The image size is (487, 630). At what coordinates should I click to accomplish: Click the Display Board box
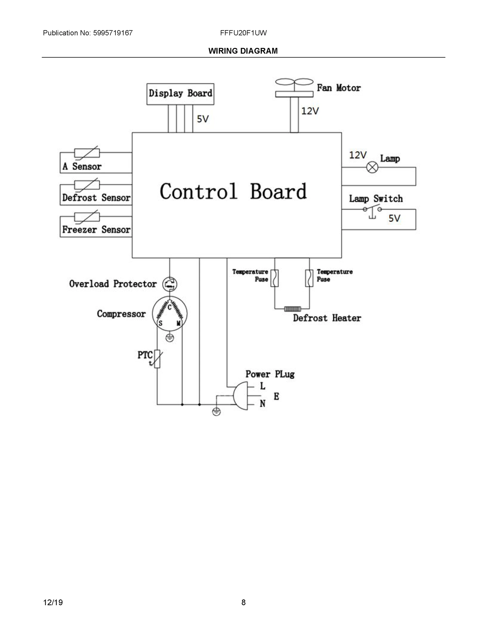180,94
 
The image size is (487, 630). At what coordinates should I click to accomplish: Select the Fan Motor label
339,88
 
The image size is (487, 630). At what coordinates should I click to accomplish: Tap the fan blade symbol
294,82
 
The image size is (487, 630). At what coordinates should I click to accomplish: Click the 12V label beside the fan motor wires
310,111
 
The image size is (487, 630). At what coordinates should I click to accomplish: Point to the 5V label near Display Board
202,119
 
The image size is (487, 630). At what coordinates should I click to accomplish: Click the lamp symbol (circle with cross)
372,167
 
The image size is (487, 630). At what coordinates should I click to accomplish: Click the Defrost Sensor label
96,198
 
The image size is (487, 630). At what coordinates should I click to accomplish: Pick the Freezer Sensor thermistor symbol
87,217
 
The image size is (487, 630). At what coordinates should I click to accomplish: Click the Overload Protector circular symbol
170,284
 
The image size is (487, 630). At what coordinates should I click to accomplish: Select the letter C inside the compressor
170,307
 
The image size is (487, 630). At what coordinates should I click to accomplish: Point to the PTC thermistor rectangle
157,359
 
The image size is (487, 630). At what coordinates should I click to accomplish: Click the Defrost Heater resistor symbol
292,309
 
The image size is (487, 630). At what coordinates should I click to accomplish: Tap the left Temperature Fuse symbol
274,278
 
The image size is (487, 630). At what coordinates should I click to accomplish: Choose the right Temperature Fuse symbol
309,278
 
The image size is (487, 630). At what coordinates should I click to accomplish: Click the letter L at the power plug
262,386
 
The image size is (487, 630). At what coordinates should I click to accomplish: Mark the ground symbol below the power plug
216,412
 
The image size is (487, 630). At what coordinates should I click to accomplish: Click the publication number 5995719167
113,33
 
